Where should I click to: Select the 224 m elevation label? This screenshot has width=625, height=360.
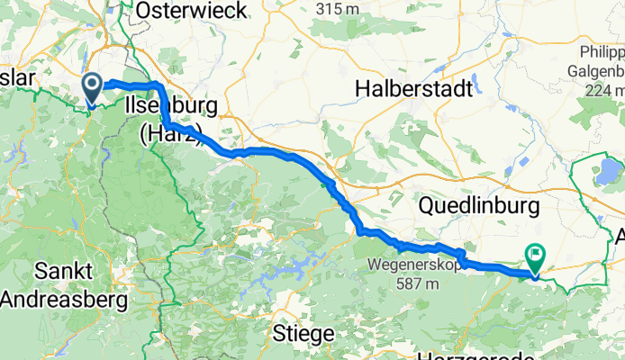(602, 90)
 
